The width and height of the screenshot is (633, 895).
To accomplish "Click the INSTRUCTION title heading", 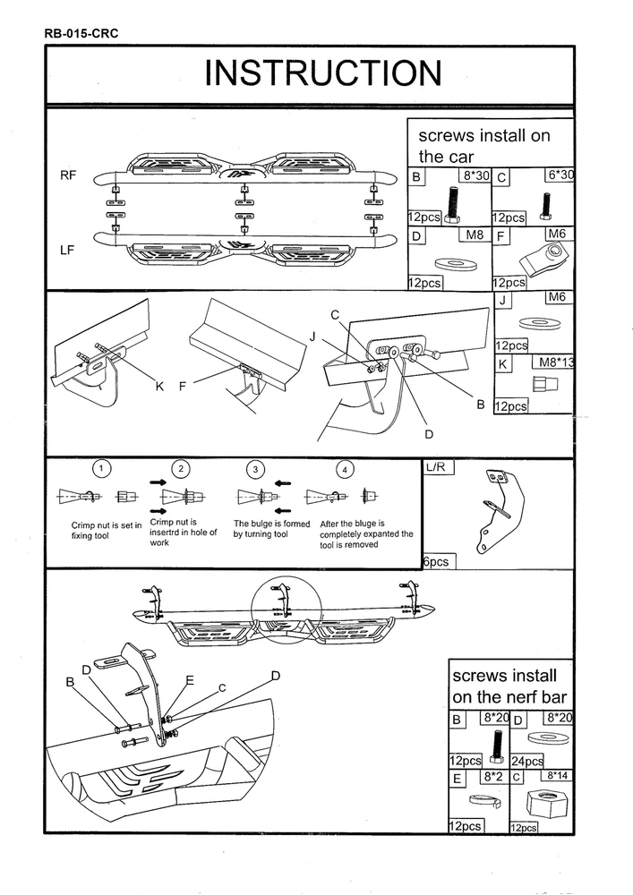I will (322, 73).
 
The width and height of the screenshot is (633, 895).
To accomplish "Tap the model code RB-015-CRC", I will (81, 34).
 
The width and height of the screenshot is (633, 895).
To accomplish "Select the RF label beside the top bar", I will (68, 175).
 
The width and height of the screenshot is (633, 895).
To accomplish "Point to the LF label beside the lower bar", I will (68, 251).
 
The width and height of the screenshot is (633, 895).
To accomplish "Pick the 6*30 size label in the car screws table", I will (559, 175).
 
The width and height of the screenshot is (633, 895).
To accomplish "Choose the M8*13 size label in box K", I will (553, 362).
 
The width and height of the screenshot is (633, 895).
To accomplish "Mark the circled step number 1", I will (104, 468).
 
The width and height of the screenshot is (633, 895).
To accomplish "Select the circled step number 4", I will (345, 468).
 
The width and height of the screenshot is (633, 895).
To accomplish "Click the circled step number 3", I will (257, 468).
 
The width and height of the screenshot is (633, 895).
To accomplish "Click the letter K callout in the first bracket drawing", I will (159, 386).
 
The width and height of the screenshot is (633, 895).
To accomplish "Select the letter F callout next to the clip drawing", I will (183, 386).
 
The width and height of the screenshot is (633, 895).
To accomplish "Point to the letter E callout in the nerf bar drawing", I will (189, 680).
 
